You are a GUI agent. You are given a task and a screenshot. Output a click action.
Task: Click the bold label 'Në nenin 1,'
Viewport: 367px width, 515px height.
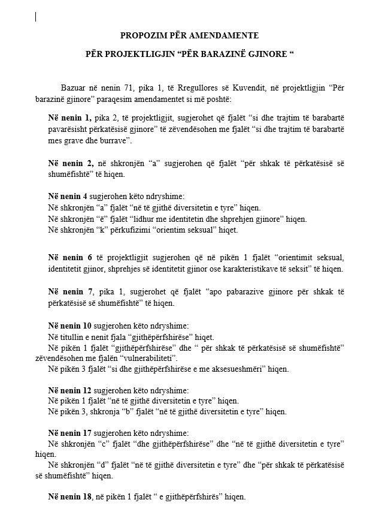point(70,118)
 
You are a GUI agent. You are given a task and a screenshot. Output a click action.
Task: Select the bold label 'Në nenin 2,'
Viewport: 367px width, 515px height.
point(70,163)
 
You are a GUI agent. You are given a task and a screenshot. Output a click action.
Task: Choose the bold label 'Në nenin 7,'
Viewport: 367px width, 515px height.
point(70,292)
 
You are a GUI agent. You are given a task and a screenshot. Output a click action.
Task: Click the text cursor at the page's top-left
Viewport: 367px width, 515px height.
point(36,17)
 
